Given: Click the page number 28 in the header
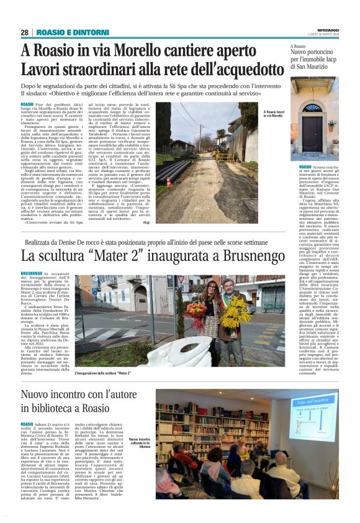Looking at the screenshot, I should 25,32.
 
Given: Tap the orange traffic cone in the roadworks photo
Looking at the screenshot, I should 169,182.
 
